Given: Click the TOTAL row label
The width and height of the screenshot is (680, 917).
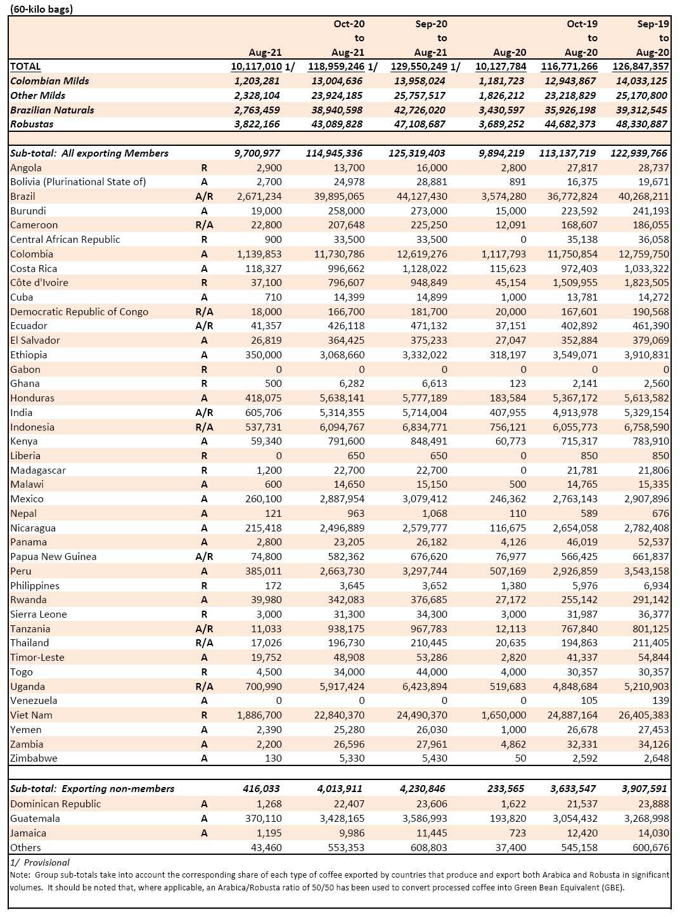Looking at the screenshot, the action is [25, 67].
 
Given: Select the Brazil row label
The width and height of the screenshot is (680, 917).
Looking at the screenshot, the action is [23, 197].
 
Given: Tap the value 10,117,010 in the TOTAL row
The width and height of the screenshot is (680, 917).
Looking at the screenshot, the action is [256, 67].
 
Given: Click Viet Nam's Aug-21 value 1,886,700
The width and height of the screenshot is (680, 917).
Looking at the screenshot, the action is [259, 715].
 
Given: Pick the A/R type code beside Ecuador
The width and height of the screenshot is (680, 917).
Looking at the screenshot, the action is [204, 326].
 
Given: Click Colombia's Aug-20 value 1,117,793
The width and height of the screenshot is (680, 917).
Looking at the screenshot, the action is [504, 254].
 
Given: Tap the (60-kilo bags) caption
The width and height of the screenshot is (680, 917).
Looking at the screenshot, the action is [41, 9].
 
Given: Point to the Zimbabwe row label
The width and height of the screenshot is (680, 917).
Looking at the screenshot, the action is [34, 758].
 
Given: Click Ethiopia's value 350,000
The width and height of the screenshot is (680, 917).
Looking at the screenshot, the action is [263, 354].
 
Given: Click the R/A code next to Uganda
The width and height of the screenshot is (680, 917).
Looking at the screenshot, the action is [204, 686].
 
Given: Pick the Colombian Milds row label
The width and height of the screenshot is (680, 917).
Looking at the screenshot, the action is [49, 81].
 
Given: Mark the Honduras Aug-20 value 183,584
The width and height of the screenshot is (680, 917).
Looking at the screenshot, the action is [508, 398].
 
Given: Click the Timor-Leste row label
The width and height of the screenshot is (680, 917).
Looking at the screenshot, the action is [37, 658].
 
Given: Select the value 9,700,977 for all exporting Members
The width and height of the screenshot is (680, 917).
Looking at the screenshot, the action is [257, 153].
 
